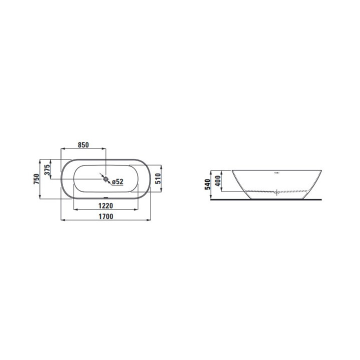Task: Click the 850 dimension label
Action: coord(83,145)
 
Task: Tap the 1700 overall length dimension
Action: coord(106,216)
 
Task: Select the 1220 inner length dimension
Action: coord(105,205)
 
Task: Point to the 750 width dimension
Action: coord(36,179)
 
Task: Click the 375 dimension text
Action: coord(47,169)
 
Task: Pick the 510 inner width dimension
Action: coord(158,178)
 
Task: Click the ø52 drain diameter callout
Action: coord(117,182)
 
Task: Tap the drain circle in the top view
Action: coord(105,178)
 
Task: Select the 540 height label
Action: coord(207,184)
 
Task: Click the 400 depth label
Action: coord(218,181)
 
